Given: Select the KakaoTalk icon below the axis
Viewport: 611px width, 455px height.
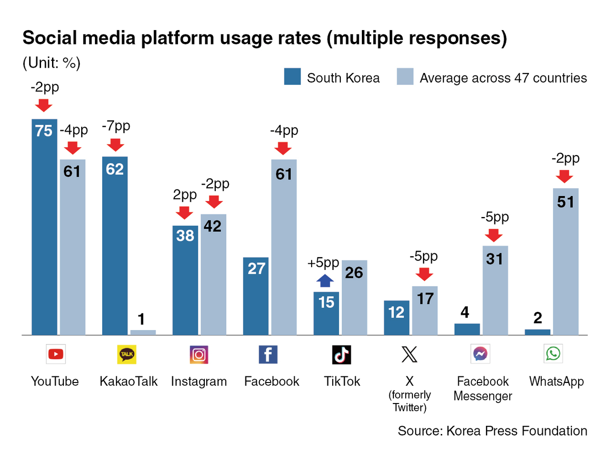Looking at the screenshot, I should [x=127, y=354].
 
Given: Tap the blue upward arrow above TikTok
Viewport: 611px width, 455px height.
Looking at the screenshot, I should [x=325, y=280].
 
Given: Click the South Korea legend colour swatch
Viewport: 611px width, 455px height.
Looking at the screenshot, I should [x=292, y=77].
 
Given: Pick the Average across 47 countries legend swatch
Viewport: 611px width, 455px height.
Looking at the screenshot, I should [x=405, y=77].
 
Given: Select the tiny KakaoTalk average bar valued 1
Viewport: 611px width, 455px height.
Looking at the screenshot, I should [x=143, y=332].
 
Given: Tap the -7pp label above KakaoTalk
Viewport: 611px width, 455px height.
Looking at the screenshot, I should [x=116, y=126].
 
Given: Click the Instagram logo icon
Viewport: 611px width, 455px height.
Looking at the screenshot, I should [x=199, y=354].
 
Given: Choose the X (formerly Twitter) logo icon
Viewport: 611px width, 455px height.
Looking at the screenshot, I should [x=409, y=354].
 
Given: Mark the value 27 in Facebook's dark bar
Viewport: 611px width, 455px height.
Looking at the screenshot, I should [x=256, y=269].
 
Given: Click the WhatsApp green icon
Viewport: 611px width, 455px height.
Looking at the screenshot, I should [x=553, y=353].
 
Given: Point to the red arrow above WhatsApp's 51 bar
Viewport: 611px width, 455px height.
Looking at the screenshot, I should [x=564, y=176].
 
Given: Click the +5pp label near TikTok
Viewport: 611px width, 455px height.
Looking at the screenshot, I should [x=323, y=263].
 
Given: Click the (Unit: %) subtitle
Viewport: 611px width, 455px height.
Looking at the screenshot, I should [x=52, y=63].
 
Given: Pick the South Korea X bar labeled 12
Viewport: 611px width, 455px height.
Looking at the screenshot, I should [x=397, y=317].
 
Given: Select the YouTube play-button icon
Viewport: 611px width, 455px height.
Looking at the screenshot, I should [x=56, y=354].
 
